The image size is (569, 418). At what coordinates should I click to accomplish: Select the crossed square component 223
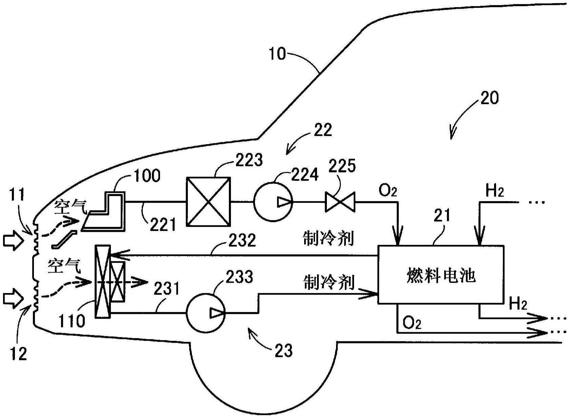[x=208, y=202]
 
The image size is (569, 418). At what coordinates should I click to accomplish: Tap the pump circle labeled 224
[x=273, y=202]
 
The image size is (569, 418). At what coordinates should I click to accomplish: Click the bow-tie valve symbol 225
[x=340, y=202]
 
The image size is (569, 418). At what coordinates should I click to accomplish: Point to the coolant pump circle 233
[x=206, y=313]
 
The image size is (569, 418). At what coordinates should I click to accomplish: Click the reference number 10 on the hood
[x=277, y=54]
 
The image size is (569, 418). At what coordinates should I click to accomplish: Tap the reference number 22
[x=323, y=130]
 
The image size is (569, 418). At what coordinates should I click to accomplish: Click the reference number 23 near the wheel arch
[x=283, y=351]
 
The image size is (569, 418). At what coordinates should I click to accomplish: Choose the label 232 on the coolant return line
[x=242, y=240]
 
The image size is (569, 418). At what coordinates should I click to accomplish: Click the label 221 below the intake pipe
[x=163, y=225]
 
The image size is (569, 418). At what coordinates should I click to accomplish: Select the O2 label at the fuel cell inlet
[x=388, y=191]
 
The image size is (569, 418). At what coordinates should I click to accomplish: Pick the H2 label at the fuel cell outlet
[x=518, y=304]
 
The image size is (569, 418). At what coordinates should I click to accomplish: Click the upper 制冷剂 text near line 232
[x=328, y=239]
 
